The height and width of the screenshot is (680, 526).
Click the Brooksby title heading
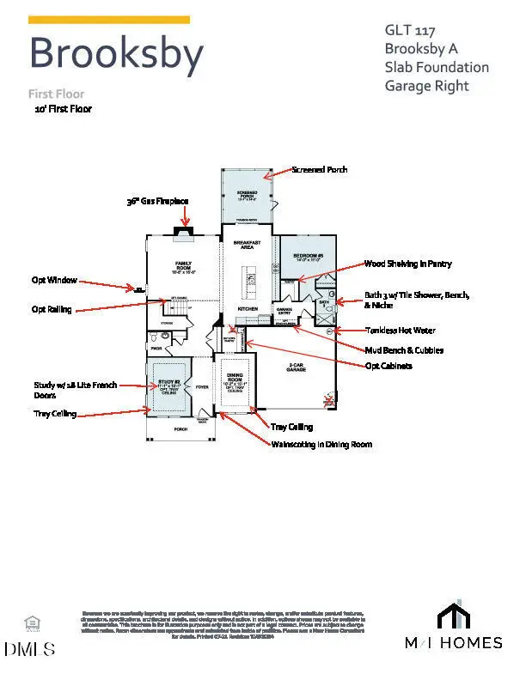click(116, 53)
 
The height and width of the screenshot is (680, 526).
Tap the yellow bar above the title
click(109, 19)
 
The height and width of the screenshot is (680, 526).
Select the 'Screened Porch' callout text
click(320, 170)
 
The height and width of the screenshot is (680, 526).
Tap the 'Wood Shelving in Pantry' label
click(407, 264)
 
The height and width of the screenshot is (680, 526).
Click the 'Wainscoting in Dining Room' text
click(321, 444)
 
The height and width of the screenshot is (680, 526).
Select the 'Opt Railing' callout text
click(52, 309)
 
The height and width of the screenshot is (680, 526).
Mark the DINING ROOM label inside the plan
click(235, 379)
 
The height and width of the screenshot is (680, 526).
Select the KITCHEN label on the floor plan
click(248, 307)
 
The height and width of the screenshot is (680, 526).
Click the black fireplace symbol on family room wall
click(184, 229)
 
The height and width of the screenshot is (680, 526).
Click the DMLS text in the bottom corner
click(28, 648)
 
